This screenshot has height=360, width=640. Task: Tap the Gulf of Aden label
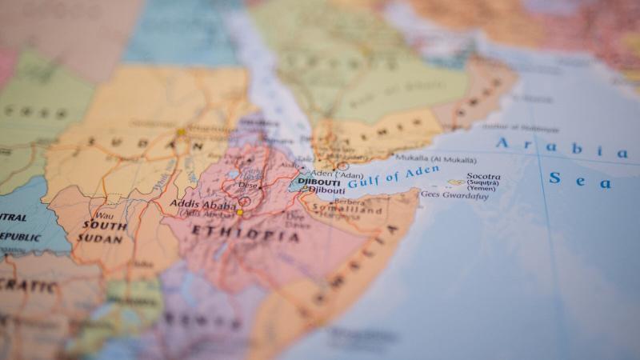393,176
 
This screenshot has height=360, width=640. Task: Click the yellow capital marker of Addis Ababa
239,212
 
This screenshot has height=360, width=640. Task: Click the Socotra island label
484,177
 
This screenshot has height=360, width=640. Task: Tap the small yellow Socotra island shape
456,182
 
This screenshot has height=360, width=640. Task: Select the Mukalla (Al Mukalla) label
435,159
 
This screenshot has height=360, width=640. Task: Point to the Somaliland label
336,210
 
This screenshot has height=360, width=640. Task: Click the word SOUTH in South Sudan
103,226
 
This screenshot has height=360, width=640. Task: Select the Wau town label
103,215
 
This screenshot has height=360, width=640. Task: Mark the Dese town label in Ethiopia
249,185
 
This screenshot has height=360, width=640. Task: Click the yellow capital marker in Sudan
182,132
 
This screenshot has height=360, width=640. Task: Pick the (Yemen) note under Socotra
482,189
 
